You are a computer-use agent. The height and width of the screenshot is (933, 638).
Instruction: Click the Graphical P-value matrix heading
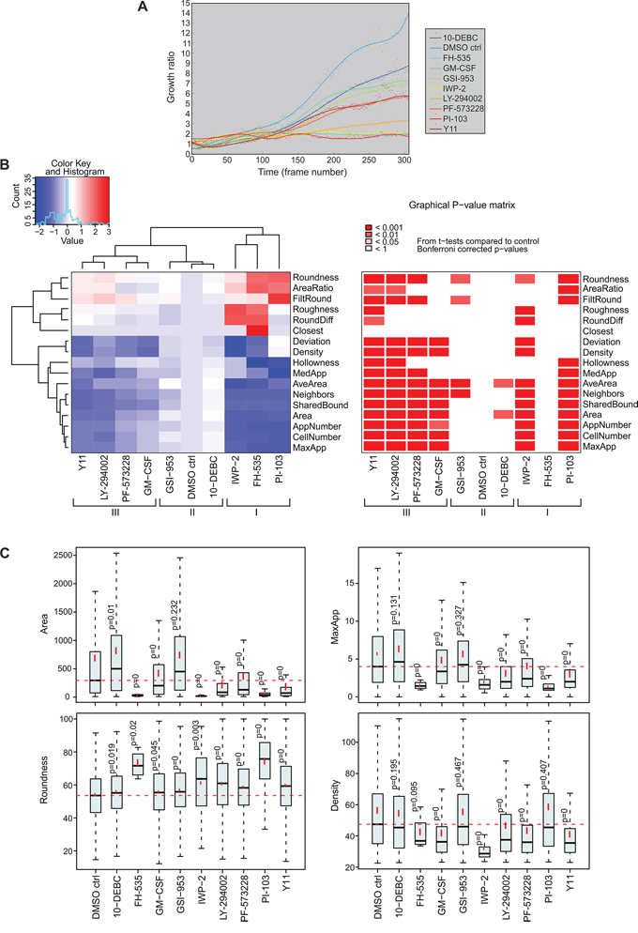pyautogui.click(x=466, y=203)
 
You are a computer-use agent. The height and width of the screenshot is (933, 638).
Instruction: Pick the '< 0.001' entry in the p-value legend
pyautogui.click(x=387, y=227)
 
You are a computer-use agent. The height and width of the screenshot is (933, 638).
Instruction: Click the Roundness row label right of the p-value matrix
pyautogui.click(x=602, y=279)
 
